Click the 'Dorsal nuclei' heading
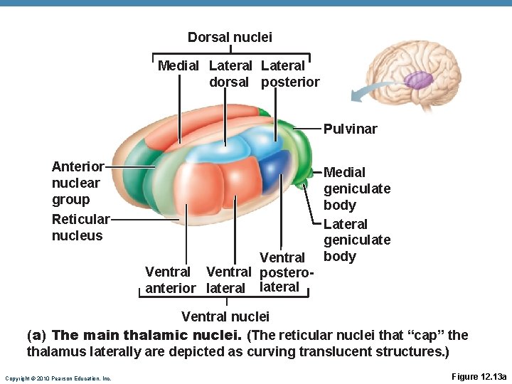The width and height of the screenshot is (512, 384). tap(230, 36)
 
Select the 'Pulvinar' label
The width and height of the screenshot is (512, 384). tap(350, 129)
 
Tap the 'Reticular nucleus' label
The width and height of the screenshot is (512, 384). tap(80, 227)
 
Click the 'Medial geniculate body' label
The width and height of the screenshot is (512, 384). tap(356, 188)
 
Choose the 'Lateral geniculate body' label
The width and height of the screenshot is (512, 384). tap(356, 240)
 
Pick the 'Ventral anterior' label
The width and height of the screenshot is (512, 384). tap(169, 279)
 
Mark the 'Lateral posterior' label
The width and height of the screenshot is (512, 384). tap(290, 73)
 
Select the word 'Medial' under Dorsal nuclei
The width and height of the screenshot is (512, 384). tap(178, 65)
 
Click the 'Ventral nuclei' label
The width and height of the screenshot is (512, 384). tap(225, 316)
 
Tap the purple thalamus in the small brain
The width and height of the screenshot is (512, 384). tap(419, 80)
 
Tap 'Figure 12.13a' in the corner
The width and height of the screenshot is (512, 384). tap(479, 376)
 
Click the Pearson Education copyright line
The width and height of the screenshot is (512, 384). tap(58, 378)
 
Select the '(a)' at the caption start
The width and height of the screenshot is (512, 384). tap(37, 334)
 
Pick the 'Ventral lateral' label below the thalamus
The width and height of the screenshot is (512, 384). tap(228, 279)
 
